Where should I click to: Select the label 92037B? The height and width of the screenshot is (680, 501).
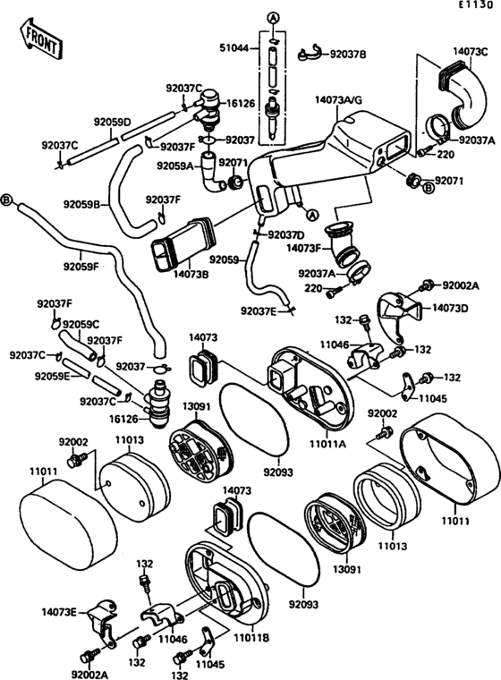tap(348, 55)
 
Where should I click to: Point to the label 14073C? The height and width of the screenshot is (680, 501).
tap(469, 53)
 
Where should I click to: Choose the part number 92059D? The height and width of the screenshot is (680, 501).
tap(113, 121)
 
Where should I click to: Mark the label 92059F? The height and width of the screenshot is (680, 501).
tap(81, 266)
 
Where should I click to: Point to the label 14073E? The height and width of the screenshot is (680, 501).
tap(59, 613)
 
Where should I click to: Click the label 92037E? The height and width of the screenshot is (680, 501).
tap(260, 310)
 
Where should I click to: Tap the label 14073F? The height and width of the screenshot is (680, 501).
tap(304, 245)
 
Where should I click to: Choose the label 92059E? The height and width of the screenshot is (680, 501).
tap(53, 377)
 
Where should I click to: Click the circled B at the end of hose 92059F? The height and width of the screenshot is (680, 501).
tap(7, 199)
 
